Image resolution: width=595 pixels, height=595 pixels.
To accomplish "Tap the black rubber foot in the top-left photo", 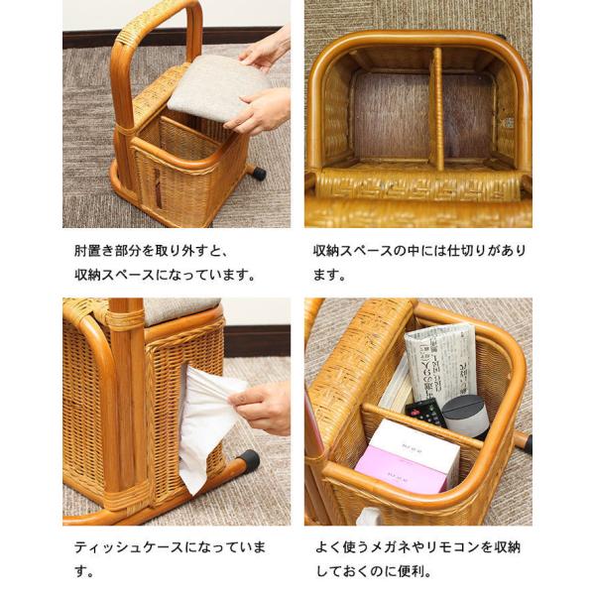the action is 259,174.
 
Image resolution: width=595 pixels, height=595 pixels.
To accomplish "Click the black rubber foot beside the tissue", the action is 251,459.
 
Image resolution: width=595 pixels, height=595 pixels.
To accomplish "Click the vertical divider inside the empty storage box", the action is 437,110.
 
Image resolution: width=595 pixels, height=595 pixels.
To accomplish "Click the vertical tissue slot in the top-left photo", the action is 157,188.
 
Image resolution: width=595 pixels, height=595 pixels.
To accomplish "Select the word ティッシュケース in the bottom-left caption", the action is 129,547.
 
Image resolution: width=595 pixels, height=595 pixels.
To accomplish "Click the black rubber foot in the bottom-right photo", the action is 527,444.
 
